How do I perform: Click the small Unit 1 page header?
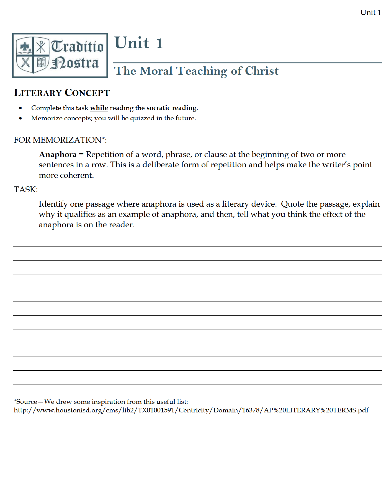point(370,12)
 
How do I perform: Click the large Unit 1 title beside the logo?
point(138,43)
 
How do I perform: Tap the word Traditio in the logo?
point(77,46)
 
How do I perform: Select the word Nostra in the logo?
point(75,63)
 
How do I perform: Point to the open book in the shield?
point(41,62)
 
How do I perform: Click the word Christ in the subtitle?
point(262,71)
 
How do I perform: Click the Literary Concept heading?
point(62,93)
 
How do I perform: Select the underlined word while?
point(99,108)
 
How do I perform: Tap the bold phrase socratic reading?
point(171,108)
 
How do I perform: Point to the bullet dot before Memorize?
point(20,118)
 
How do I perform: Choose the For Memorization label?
point(60,140)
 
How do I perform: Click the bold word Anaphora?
point(58,154)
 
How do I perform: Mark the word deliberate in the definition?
point(160,165)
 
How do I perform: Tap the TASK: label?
point(26,189)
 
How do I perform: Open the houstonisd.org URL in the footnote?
point(191,410)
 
